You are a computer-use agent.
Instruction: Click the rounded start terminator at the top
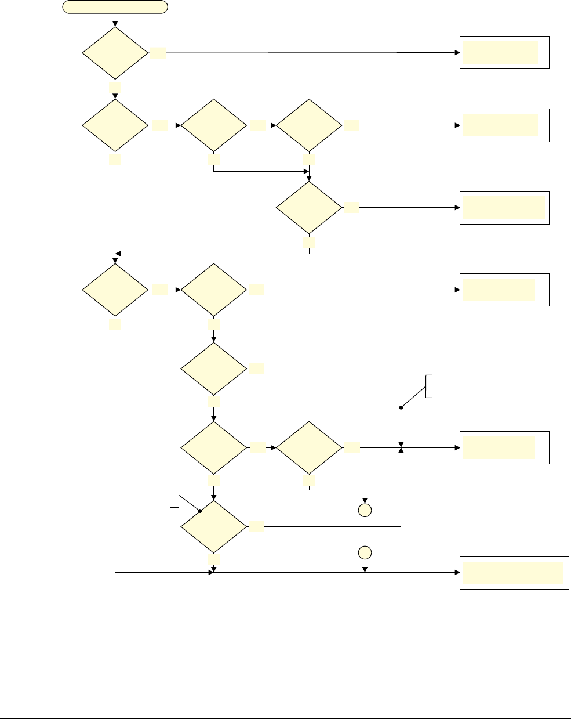tap(115, 7)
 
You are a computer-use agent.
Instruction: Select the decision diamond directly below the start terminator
tap(115, 53)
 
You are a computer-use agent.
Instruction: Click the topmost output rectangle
tap(504, 53)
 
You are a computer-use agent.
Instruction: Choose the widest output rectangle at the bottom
tap(514, 573)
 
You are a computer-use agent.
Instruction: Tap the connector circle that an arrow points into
tap(365, 511)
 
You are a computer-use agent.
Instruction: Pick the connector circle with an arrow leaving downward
tap(365, 552)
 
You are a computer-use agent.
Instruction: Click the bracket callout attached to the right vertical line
tap(429, 386)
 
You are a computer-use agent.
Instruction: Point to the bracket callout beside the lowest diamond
tap(173, 494)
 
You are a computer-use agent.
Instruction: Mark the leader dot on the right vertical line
tap(401, 407)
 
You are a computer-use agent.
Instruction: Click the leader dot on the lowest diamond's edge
tap(199, 511)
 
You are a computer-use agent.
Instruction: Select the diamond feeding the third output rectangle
tap(309, 208)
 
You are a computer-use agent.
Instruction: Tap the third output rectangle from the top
tap(504, 208)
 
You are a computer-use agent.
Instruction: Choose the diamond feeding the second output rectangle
tap(309, 125)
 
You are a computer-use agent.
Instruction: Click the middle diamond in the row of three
tap(214, 125)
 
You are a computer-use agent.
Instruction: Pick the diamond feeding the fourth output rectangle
tap(214, 290)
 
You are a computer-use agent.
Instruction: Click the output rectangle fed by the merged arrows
tap(504, 447)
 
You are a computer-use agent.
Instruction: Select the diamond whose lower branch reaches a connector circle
tap(309, 447)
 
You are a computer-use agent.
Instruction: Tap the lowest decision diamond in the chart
tap(214, 527)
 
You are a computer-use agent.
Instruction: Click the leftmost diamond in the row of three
tap(115, 125)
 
